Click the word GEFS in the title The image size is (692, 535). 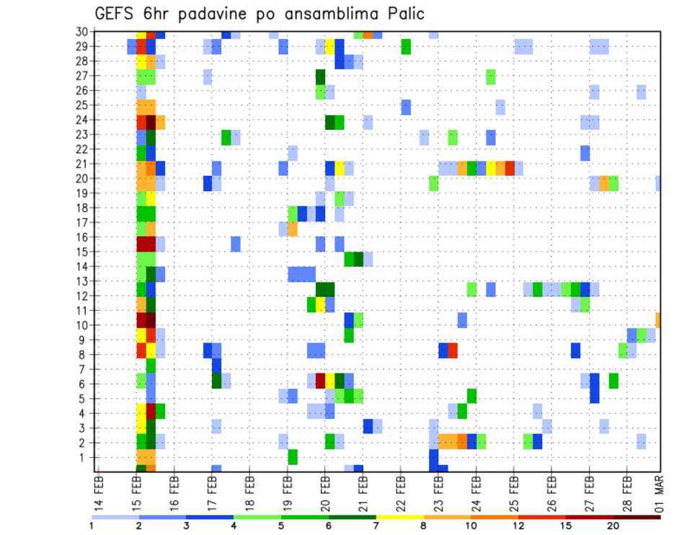[x=118, y=13]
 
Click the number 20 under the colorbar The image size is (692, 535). [x=613, y=526]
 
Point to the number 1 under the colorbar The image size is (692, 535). [x=92, y=526]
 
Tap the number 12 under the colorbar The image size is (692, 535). [x=518, y=526]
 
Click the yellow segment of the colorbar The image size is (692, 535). [x=400, y=516]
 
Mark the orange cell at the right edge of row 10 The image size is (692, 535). [x=657, y=319]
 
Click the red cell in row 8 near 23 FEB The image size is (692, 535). [x=453, y=350]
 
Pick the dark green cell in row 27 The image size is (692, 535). [x=320, y=76]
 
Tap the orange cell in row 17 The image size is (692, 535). [x=293, y=229]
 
